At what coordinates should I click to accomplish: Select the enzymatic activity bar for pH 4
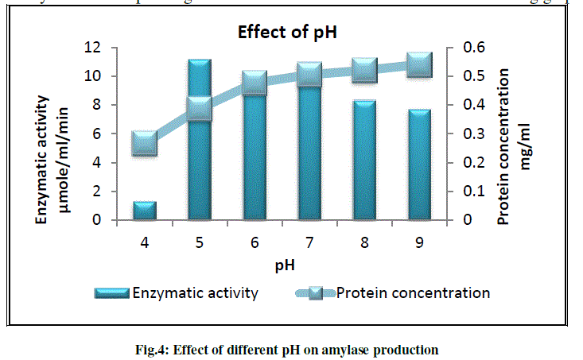145,211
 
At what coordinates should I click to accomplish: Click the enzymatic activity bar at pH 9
419,165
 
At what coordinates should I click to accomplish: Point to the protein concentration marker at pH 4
145,143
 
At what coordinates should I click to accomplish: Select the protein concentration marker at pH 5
200,109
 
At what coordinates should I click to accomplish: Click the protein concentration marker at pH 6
255,83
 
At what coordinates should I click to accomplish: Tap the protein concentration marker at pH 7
309,75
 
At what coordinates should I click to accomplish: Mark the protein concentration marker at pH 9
419,64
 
